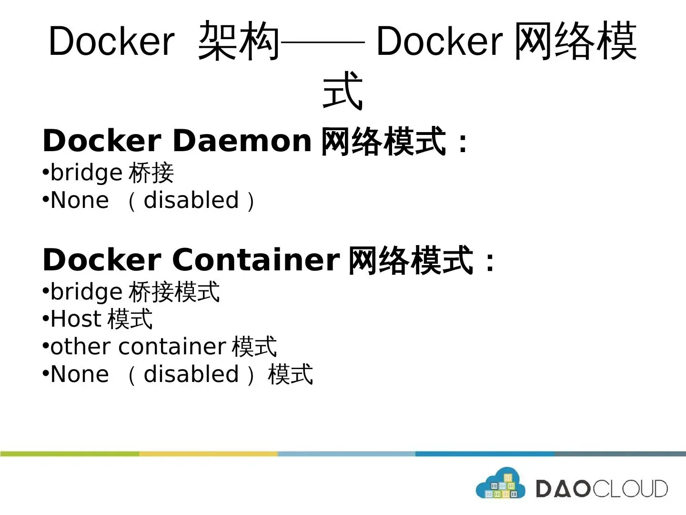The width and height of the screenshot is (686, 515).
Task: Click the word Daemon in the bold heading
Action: coord(242,141)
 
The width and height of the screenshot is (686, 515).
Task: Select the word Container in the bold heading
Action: coord(256,260)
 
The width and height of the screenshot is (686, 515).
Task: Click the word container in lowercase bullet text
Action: coord(172,347)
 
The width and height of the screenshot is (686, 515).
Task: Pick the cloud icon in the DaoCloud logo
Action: coord(500,484)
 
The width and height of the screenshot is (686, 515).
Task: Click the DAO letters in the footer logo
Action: coord(564,489)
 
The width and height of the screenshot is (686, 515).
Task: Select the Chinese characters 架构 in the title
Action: coord(239,41)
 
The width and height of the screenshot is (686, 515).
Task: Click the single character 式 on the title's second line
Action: coord(343,91)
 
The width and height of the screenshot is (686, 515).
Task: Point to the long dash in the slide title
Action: coord(323,42)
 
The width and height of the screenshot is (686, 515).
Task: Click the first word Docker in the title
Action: coord(111,41)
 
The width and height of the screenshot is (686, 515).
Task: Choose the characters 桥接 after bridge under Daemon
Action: coord(151,173)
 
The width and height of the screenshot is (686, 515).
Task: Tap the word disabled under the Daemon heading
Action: coord(191,200)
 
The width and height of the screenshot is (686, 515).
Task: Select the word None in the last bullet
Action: coord(80,374)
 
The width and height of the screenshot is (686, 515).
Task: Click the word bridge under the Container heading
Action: coord(86,292)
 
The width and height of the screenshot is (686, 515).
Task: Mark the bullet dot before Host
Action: coord(46,318)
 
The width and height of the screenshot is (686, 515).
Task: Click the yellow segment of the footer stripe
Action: coord(208,454)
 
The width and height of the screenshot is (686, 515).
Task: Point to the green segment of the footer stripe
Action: coord(70,454)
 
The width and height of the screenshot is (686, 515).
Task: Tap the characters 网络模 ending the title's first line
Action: coord(575,41)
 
